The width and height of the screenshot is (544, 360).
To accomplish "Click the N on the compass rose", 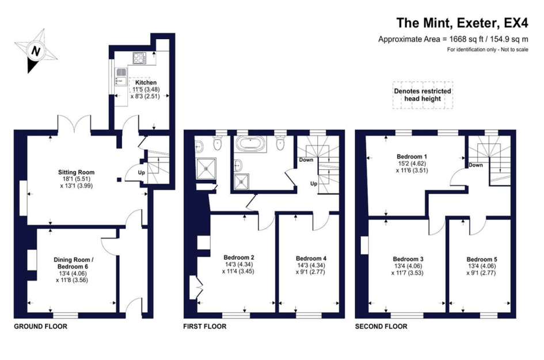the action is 35,51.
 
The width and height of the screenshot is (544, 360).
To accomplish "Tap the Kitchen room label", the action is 146,82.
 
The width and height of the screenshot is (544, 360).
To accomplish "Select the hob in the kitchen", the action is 139,58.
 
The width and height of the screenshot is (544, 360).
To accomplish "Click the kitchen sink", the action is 121,77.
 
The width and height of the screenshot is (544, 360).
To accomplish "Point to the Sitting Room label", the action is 77,172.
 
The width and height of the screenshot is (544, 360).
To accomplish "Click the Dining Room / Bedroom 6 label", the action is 73,263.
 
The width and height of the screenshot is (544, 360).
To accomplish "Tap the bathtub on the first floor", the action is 250,144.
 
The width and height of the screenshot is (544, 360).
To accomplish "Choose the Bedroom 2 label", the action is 239,257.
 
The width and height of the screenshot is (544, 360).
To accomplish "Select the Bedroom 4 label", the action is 311,258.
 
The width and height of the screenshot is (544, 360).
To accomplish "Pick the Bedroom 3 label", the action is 408,259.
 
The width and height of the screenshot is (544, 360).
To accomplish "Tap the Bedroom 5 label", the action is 482,259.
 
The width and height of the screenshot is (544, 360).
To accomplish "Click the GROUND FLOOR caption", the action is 41,327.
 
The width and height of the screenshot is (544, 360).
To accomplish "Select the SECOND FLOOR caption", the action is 381,327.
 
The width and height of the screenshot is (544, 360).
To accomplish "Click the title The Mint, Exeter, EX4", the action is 462,23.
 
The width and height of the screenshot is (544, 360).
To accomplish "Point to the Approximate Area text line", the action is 453,39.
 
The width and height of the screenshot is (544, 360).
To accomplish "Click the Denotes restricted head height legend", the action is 423,95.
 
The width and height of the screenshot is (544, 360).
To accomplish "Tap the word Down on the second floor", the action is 475,165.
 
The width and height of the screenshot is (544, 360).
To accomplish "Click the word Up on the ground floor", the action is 142,173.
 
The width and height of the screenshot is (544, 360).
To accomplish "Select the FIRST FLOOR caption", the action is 205,327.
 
